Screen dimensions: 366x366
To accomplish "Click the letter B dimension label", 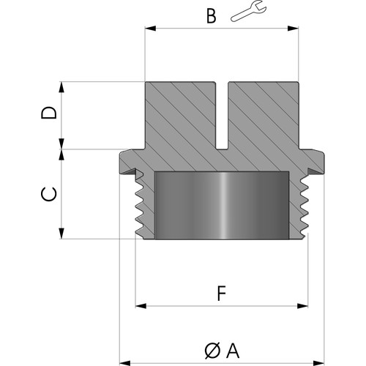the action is coord(212,17).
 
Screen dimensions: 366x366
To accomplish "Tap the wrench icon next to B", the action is coord(248,11).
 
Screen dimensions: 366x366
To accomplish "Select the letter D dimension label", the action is coord(49,113).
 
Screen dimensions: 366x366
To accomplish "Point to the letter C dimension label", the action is coord(49,194).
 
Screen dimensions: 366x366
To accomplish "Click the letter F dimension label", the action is coord(222,294).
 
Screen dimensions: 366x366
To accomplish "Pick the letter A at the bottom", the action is coord(233,351).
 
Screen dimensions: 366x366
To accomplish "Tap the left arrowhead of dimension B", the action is coord(150,29).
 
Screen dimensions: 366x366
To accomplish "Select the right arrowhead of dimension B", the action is coord(293,29).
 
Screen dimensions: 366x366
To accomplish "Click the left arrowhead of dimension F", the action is coord(141,306).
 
